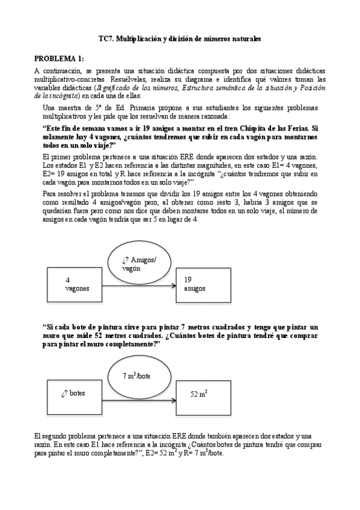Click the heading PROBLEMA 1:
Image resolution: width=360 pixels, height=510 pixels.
pos(58,58)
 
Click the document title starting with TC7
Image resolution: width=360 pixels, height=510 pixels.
pos(180,38)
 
